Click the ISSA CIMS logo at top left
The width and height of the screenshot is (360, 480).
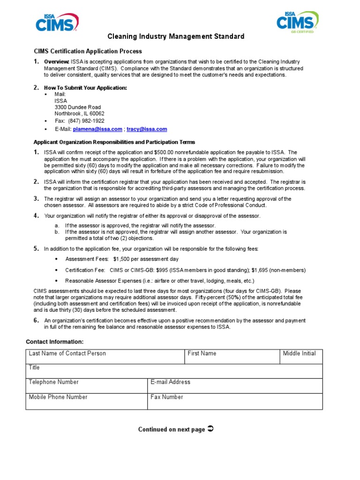pos(57,22)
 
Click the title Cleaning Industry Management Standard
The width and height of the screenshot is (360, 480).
pos(176,37)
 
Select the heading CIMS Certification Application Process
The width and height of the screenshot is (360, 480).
pos(88,52)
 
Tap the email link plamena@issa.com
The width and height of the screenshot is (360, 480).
pos(97,129)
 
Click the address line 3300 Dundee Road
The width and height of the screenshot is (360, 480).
pos(77,107)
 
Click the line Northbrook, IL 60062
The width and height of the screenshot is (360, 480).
pos(79,114)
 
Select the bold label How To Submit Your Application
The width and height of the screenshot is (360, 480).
pos(85,88)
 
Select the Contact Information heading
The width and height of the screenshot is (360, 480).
pos(54,342)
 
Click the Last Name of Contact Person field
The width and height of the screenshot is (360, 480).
pos(105,356)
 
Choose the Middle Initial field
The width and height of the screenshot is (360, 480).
pos(301,356)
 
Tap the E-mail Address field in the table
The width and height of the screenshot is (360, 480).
pos(235,385)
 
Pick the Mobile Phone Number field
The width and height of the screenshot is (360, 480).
pos(86,401)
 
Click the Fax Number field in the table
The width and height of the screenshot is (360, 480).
pos(235,401)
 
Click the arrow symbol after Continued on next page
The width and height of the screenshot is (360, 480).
pos(210,429)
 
